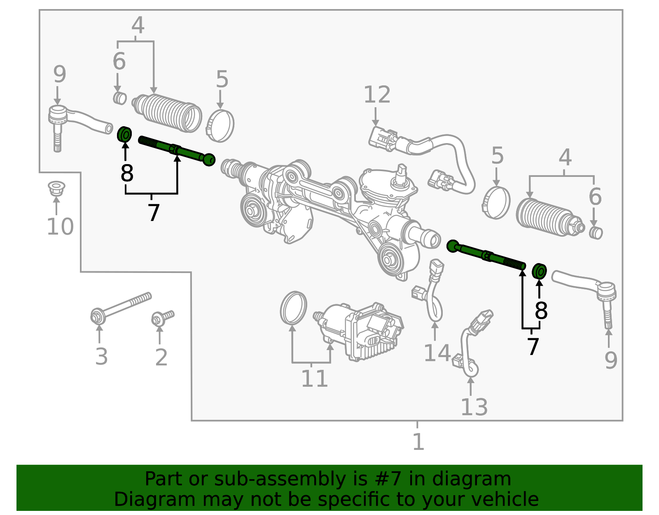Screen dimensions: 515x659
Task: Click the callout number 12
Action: point(376,95)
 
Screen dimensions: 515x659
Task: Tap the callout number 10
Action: point(60,227)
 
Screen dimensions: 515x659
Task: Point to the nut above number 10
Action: point(56,188)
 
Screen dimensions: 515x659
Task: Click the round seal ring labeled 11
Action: point(293,308)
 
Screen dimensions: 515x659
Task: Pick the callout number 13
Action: point(474,407)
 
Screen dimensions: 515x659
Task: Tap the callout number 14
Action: point(437,353)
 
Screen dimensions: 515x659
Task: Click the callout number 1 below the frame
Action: point(418,442)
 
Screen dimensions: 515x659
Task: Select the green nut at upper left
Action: point(124,134)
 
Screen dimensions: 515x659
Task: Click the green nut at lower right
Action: point(539,271)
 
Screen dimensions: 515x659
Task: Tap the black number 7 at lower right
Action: point(533,346)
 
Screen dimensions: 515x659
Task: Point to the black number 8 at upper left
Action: point(127,173)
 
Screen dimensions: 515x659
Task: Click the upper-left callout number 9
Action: point(59,75)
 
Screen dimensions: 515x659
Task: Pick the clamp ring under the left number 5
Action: point(220,125)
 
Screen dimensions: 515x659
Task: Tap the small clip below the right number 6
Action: point(596,233)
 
